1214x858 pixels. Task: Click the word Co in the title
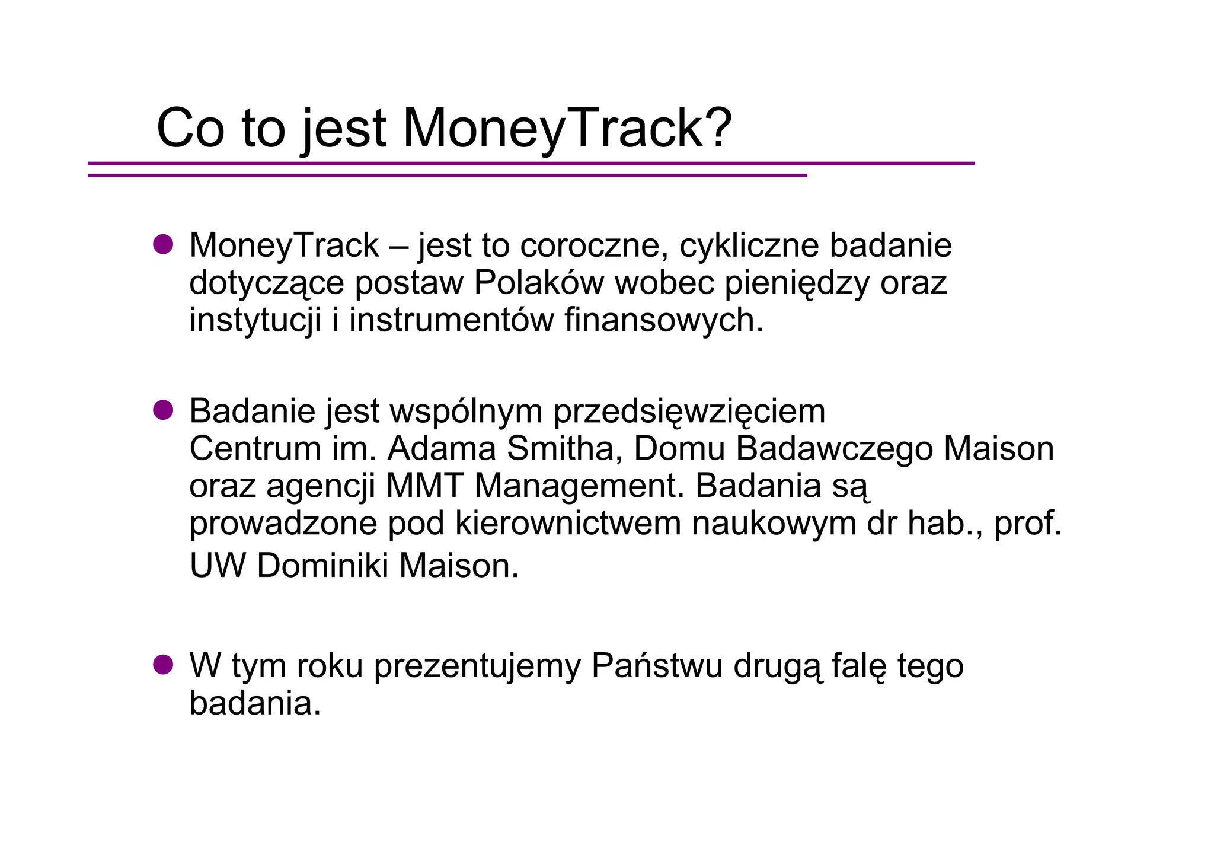(191, 128)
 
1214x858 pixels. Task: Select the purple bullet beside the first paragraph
(163, 244)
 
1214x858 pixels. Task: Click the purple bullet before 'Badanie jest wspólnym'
(163, 410)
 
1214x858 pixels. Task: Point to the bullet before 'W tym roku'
(163, 665)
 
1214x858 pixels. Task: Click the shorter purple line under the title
(447, 176)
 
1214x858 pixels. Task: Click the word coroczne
(589, 245)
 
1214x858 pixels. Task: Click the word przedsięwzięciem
(689, 412)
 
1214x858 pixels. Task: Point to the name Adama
(441, 448)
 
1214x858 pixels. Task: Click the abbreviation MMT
(424, 486)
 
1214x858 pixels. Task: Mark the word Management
(574, 487)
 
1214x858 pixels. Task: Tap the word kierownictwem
(568, 524)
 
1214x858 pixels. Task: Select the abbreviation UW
(217, 566)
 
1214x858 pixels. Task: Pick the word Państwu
(657, 666)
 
